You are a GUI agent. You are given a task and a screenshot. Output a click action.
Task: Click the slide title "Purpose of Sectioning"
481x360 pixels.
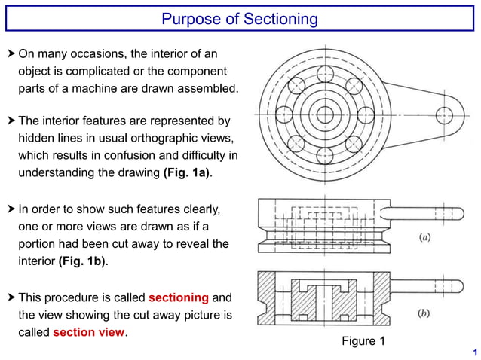pyautogui.click(x=240, y=18)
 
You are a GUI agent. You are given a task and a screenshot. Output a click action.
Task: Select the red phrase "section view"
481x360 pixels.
pyautogui.click(x=88, y=332)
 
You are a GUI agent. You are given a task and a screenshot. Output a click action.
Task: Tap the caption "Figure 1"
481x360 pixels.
pyautogui.click(x=363, y=342)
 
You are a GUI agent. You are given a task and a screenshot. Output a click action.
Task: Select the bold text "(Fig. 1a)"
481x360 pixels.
pyautogui.click(x=185, y=173)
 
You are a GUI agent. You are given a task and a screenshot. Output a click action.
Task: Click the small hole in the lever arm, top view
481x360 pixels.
pyautogui.click(x=444, y=115)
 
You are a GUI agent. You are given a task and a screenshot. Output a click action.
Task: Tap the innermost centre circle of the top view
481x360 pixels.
pyautogui.click(x=325, y=115)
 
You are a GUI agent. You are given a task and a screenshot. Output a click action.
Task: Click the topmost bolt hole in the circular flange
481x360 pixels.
pyautogui.click(x=325, y=74)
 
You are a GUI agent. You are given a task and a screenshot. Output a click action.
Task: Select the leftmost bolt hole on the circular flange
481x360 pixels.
pyautogui.click(x=284, y=115)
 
